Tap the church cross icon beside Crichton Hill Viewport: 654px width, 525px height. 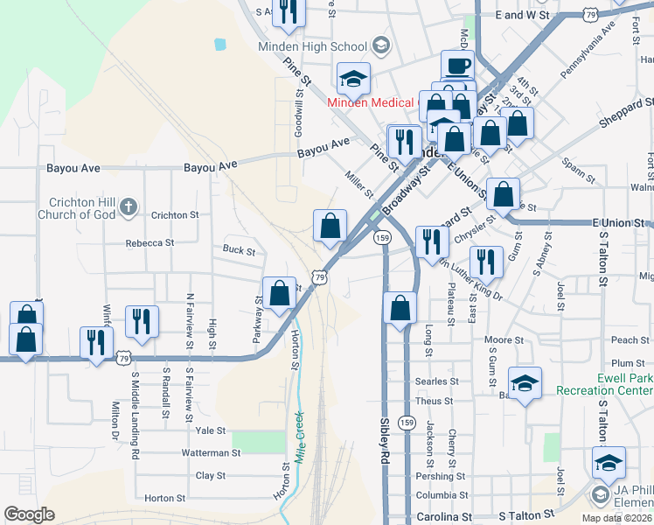[x=128, y=206]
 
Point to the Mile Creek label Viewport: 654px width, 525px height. [x=299, y=437]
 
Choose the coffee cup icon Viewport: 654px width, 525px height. [x=456, y=66]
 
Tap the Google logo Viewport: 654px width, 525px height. [x=29, y=514]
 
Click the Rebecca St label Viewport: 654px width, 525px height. [x=150, y=243]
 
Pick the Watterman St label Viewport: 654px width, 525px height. [x=211, y=453]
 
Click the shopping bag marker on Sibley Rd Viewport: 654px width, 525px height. [x=400, y=308]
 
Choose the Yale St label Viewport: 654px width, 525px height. [x=211, y=430]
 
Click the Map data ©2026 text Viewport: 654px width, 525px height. [x=616, y=518]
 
